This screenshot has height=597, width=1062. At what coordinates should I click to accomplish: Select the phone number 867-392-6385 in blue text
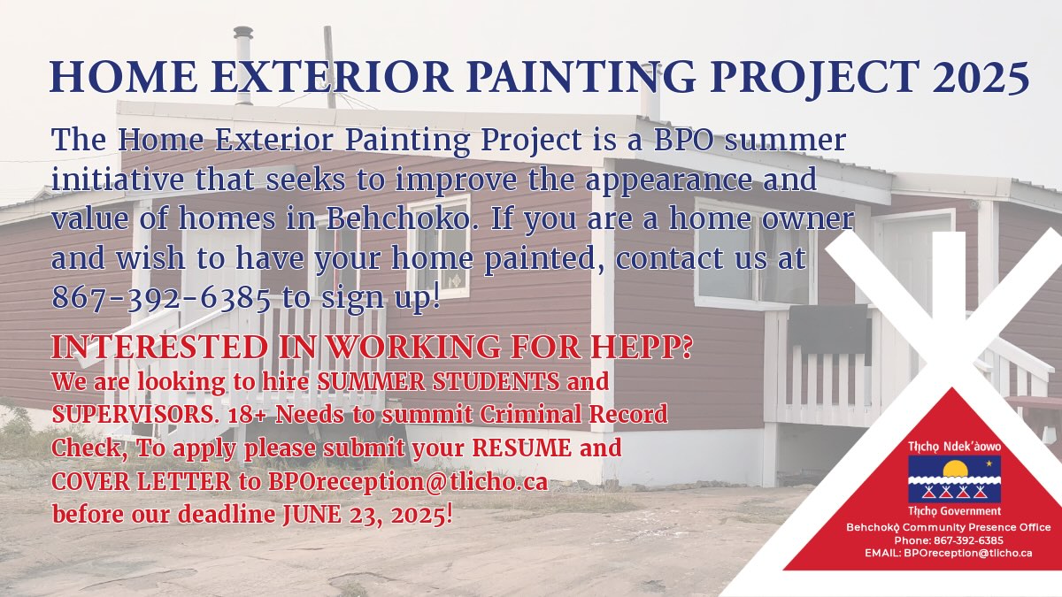[161, 298]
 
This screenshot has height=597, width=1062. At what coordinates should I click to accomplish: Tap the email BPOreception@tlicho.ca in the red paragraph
[408, 482]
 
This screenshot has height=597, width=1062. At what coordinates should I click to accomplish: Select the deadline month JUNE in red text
[312, 515]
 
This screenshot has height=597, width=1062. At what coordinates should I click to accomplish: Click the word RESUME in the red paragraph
[522, 448]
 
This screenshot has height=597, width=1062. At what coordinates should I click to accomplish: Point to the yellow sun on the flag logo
[955, 469]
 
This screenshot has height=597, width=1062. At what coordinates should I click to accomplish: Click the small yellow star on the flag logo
[989, 463]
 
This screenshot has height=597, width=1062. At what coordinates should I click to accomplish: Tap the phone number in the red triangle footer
[949, 540]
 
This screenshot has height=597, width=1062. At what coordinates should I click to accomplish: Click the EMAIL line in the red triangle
[948, 553]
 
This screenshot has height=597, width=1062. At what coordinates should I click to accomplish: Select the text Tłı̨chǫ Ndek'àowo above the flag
[954, 447]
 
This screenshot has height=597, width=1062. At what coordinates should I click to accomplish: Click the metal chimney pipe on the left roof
[243, 65]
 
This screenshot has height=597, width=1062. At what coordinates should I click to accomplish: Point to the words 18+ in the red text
[249, 415]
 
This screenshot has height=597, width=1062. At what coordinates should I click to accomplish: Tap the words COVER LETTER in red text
[141, 482]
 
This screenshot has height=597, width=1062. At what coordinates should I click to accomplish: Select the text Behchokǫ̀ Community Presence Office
[949, 527]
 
